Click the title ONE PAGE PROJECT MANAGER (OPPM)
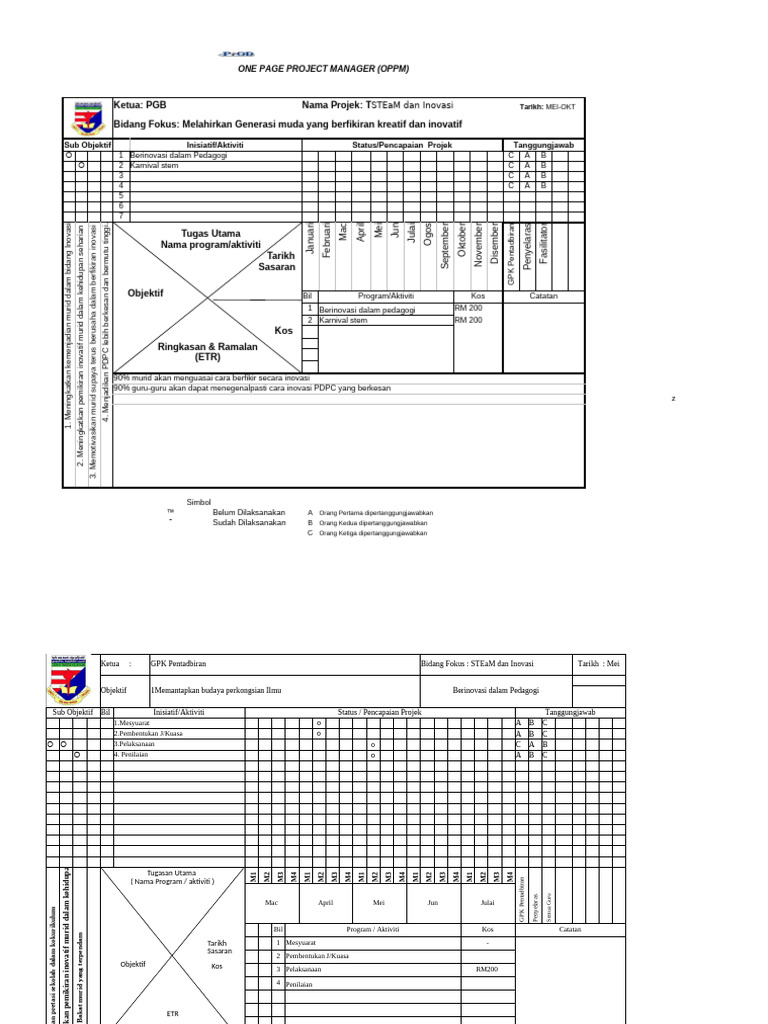tap(323, 69)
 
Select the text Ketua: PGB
tap(141, 104)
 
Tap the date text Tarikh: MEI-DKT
tap(547, 107)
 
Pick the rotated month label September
tap(445, 246)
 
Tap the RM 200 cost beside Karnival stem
tap(469, 320)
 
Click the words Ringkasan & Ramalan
tap(208, 346)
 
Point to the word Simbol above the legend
tap(200, 502)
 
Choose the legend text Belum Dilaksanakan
tap(249, 512)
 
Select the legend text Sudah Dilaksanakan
tap(249, 523)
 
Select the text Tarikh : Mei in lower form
tap(599, 663)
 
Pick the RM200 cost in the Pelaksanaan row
tap(486, 969)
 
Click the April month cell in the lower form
tap(325, 902)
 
